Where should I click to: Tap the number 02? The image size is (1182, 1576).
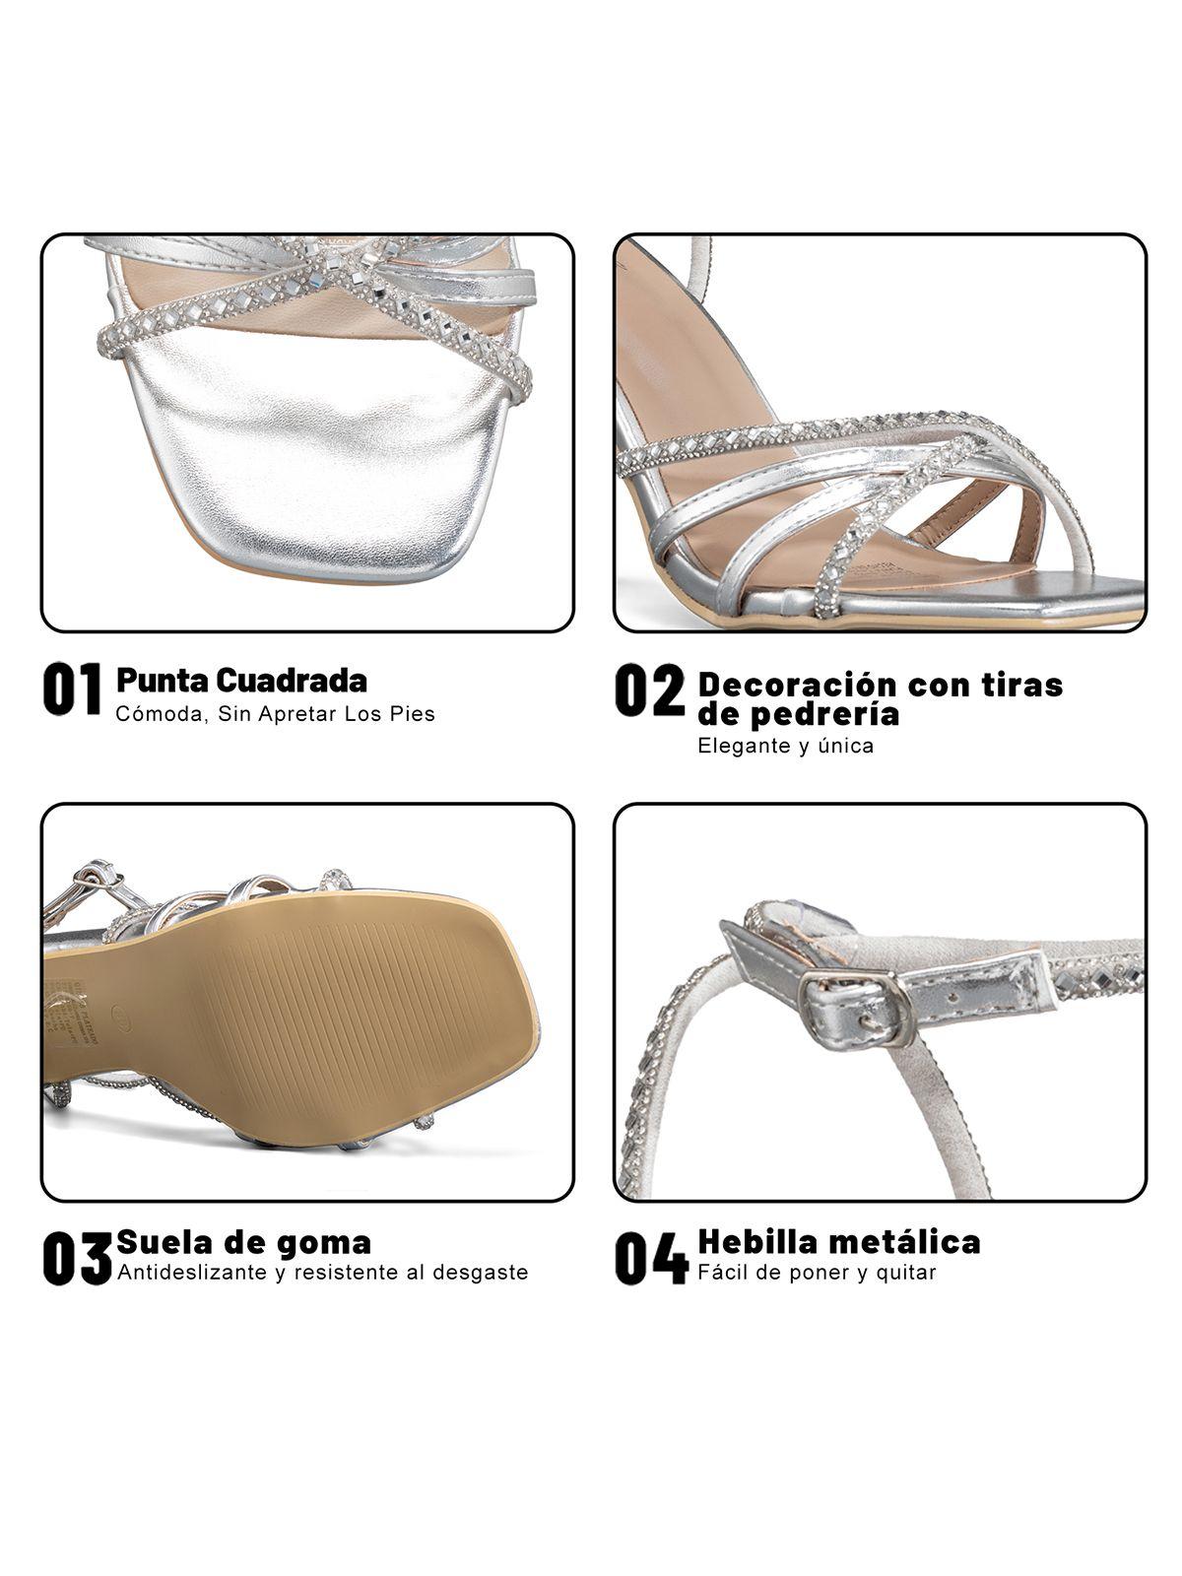pyautogui.click(x=650, y=690)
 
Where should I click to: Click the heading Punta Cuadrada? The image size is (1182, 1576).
pyautogui.click(x=241, y=680)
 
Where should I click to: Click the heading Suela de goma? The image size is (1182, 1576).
pyautogui.click(x=243, y=1242)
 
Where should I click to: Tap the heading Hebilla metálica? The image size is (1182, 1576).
pyautogui.click(x=838, y=1242)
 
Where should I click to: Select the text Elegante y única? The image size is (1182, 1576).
pyautogui.click(x=785, y=746)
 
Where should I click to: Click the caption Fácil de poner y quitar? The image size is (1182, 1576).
pyautogui.click(x=817, y=1273)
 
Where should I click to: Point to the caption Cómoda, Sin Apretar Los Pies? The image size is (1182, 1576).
pyautogui.click(x=275, y=713)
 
